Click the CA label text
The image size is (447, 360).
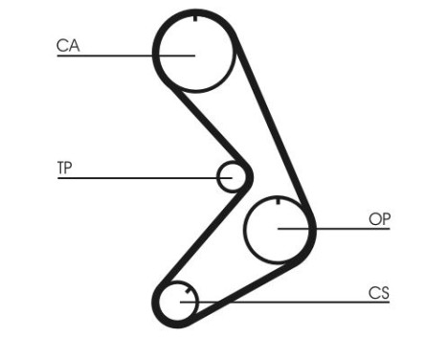click(x=67, y=45)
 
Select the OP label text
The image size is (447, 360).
click(x=379, y=219)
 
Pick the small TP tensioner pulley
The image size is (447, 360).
click(x=231, y=176)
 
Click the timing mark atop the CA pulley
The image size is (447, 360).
click(x=194, y=17)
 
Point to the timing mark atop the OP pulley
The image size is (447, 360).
click(x=277, y=200)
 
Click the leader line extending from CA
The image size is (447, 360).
click(x=115, y=56)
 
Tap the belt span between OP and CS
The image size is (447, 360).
click(x=258, y=281)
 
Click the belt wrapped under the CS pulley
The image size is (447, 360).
click(x=175, y=326)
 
